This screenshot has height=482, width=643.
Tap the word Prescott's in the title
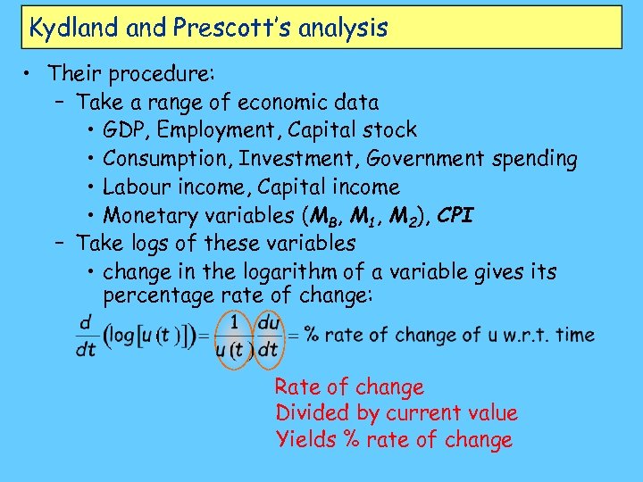[x=221, y=28]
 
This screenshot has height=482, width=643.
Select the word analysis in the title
[x=343, y=28]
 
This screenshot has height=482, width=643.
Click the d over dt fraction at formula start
[x=87, y=336]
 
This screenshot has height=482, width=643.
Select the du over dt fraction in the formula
[x=268, y=336]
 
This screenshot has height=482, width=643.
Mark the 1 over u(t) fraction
[x=234, y=336]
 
